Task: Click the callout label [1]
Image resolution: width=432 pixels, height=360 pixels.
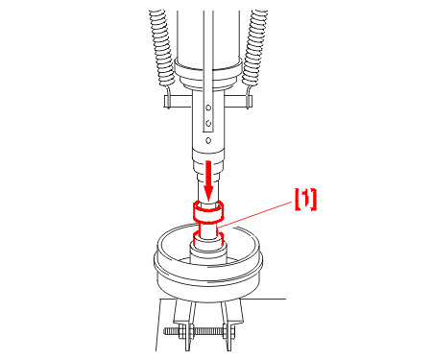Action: tap(305, 200)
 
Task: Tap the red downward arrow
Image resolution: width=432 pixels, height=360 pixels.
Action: tap(208, 180)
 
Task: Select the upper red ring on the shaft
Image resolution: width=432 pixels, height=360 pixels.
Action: tap(208, 211)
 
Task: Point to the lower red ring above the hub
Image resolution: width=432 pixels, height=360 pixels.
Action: tap(208, 238)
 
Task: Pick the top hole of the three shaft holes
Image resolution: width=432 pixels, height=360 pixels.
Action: tap(208, 108)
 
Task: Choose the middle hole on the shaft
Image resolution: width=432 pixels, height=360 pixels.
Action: tap(208, 123)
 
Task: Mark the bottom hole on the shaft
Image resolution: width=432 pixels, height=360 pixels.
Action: tap(208, 140)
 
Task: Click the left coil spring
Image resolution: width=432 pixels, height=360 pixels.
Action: tap(161, 47)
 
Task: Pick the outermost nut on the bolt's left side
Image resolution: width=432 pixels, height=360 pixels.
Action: tap(181, 332)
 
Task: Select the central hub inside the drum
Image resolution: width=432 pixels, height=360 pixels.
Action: tap(208, 252)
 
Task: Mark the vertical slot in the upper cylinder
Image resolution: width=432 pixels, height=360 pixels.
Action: tap(208, 70)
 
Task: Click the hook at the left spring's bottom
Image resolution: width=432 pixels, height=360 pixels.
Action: tap(169, 93)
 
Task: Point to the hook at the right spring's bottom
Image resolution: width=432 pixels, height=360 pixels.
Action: tap(248, 93)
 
